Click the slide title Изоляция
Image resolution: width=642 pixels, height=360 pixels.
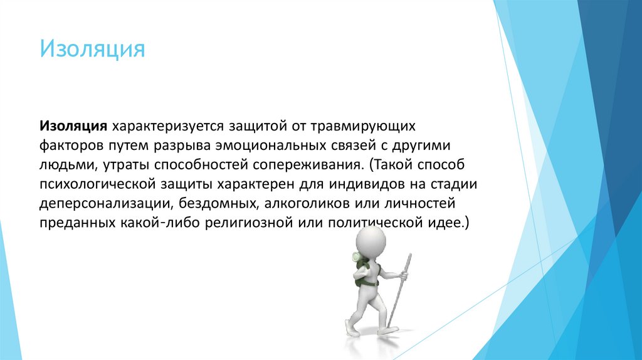click(x=92, y=49)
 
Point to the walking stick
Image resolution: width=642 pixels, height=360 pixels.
click(x=399, y=289)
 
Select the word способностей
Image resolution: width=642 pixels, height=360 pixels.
click(x=207, y=165)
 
